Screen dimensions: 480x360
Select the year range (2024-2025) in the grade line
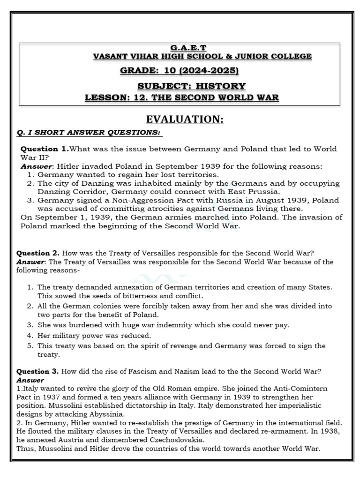point(210,71)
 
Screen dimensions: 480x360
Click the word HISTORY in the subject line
point(222,86)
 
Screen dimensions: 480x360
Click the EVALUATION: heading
point(185,120)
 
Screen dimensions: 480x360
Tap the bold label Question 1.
point(45,149)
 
